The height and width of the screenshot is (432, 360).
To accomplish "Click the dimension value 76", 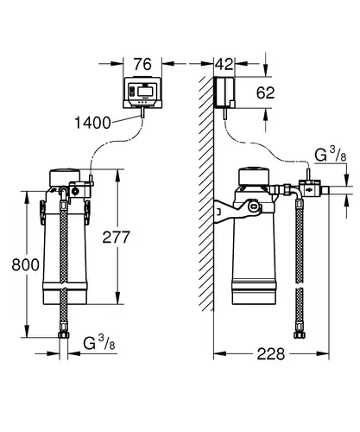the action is click(x=142, y=64).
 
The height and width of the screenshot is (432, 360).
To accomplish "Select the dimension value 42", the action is click(x=224, y=64).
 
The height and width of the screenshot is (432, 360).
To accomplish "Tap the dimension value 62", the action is click(x=265, y=92).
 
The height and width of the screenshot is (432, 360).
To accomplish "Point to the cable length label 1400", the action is click(x=92, y=123).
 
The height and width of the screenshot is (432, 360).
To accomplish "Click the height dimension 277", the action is click(x=117, y=238).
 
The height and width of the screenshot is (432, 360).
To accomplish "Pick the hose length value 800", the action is click(x=26, y=264).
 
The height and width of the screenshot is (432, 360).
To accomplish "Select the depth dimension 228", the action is click(x=271, y=354).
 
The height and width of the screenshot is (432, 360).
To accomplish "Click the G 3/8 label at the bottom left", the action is click(x=99, y=343).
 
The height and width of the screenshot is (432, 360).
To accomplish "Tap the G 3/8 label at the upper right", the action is click(x=331, y=155).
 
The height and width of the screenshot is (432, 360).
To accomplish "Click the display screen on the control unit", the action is click(x=145, y=92).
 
